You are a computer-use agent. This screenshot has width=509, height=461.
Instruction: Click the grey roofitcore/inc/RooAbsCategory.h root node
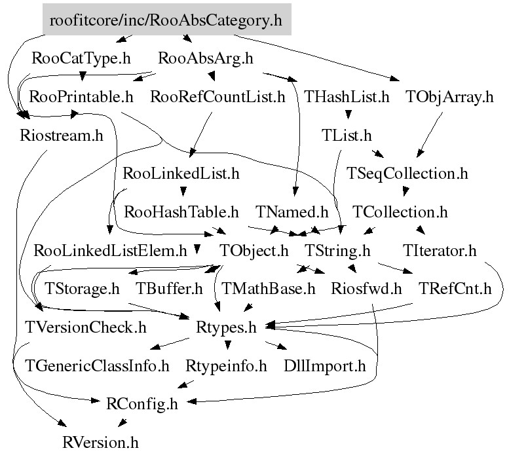(x=166, y=20)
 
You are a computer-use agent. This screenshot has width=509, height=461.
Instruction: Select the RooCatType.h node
(x=81, y=58)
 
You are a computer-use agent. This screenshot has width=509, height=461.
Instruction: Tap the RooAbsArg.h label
(x=206, y=58)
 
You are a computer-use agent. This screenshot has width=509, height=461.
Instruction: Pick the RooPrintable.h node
(x=81, y=98)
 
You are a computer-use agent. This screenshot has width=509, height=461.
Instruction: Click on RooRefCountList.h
(x=217, y=98)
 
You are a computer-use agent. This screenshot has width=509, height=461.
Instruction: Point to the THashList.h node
(x=347, y=98)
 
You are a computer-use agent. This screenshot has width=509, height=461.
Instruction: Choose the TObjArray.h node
(x=449, y=98)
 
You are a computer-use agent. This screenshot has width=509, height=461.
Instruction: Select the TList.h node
(x=347, y=136)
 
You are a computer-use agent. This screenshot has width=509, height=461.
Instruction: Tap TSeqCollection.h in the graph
(x=407, y=174)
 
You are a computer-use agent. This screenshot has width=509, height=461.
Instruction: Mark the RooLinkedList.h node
(x=181, y=174)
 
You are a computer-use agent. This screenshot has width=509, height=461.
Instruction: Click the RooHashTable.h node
(x=181, y=212)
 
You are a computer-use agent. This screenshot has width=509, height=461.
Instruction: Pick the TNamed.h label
(x=292, y=212)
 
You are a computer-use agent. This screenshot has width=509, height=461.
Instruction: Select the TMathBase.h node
(x=269, y=288)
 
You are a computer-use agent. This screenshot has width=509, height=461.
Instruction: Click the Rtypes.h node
(x=226, y=326)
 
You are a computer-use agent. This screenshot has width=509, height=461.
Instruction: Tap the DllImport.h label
(x=325, y=365)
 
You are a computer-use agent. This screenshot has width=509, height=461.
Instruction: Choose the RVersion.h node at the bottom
(x=101, y=442)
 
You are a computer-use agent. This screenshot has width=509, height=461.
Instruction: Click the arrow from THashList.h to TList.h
(x=347, y=117)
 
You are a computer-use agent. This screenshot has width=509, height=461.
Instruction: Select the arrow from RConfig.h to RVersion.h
(x=124, y=422)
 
